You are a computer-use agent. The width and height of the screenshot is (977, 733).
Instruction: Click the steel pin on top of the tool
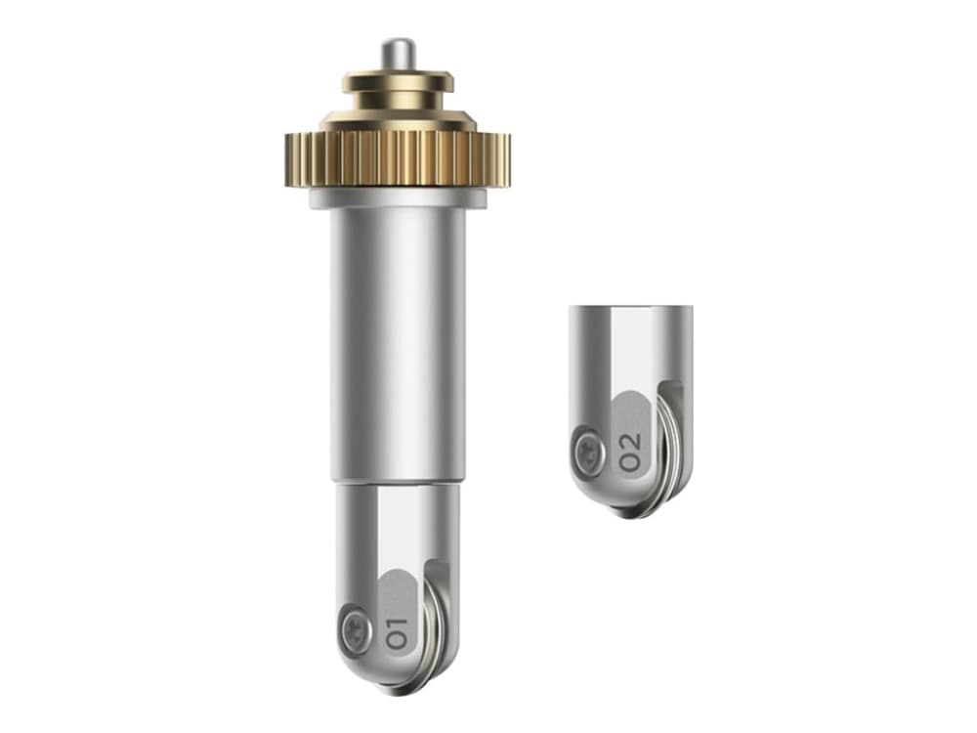pyautogui.click(x=399, y=55)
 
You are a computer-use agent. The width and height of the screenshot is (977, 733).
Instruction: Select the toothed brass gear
pyautogui.click(x=399, y=159)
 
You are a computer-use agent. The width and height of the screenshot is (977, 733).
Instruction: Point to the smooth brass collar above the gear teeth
pyautogui.click(x=399, y=119)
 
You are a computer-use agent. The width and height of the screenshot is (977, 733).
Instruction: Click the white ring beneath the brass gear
pyautogui.click(x=399, y=197)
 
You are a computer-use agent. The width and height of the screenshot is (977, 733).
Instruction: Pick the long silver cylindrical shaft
pyautogui.click(x=398, y=344)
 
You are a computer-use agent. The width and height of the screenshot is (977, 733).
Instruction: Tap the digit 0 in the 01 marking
pyautogui.click(x=397, y=640)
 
